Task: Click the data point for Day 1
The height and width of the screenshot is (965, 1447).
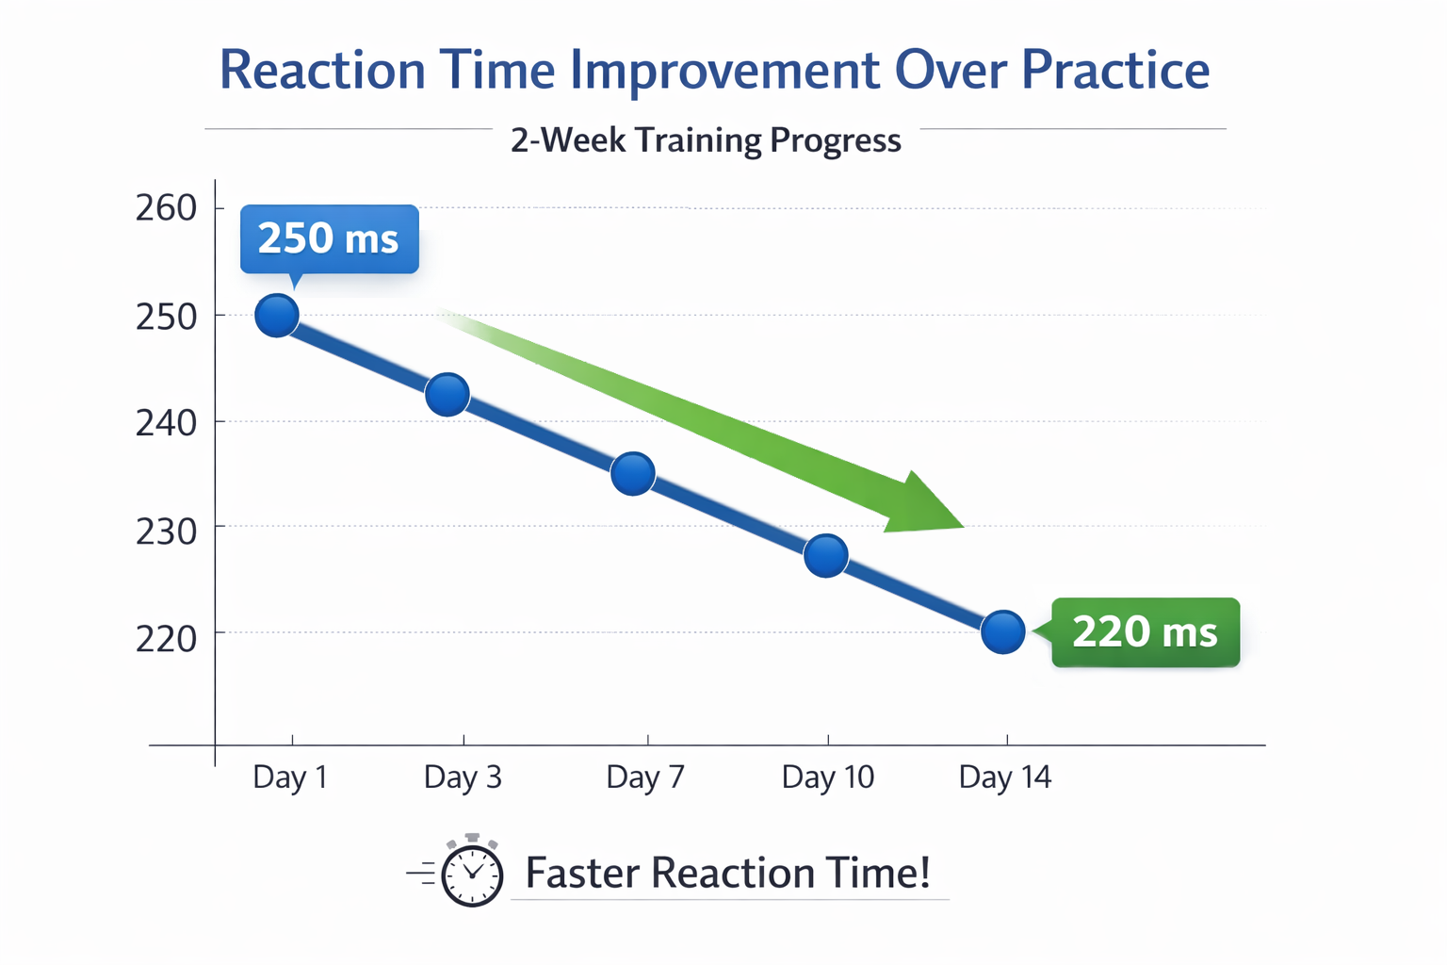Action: pyautogui.click(x=277, y=315)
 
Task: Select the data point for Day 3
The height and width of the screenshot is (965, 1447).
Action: pyautogui.click(x=447, y=394)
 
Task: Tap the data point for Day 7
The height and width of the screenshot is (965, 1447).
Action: pyautogui.click(x=633, y=473)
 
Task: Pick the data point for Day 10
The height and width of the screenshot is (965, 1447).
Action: pyautogui.click(x=826, y=555)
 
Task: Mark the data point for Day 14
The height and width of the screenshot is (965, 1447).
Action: pyautogui.click(x=1003, y=631)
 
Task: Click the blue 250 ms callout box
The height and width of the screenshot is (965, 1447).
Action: pyautogui.click(x=329, y=238)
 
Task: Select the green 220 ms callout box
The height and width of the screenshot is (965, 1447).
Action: pyautogui.click(x=1146, y=631)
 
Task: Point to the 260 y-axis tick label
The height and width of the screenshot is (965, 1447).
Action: pyautogui.click(x=166, y=207)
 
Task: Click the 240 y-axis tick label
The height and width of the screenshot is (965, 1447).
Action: pyautogui.click(x=166, y=423)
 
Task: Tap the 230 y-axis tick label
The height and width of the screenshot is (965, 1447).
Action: pyautogui.click(x=166, y=532)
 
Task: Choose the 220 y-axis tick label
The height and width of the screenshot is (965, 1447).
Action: pyautogui.click(x=166, y=639)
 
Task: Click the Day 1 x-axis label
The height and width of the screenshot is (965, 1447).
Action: pyautogui.click(x=290, y=777)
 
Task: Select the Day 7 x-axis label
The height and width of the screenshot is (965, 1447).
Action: pyautogui.click(x=645, y=777)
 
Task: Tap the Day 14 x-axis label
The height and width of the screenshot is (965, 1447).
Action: pyautogui.click(x=1005, y=777)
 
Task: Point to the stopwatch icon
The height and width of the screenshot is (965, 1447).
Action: pyautogui.click(x=471, y=873)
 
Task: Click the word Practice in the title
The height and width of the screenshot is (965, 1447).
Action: pyautogui.click(x=1115, y=71)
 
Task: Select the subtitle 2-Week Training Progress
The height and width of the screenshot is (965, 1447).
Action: pyautogui.click(x=706, y=140)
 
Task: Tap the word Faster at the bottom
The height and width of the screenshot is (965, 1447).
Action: pyautogui.click(x=581, y=873)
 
